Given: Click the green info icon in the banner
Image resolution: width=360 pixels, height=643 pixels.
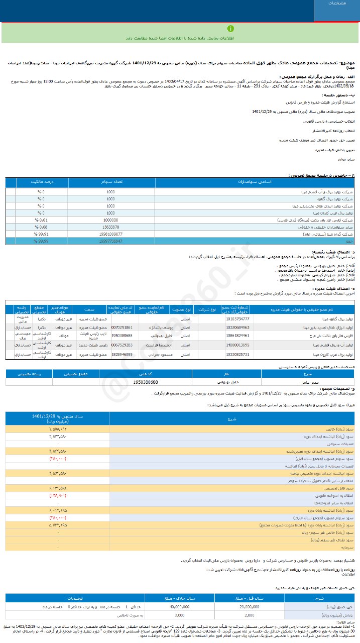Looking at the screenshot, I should [x=230, y=29].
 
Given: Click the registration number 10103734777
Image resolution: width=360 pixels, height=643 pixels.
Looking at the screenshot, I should [x=238, y=319].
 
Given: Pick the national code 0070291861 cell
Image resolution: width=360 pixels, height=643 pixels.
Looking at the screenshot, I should [x=122, y=327].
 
